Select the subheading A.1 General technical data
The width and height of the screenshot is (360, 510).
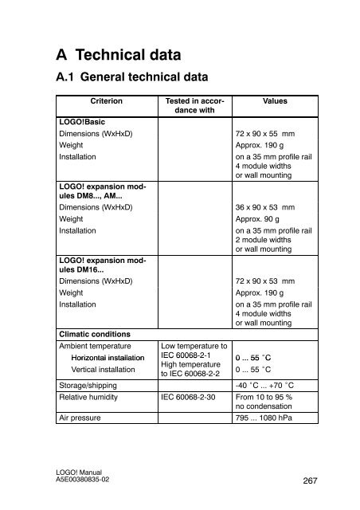pyautogui.click(x=131, y=78)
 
